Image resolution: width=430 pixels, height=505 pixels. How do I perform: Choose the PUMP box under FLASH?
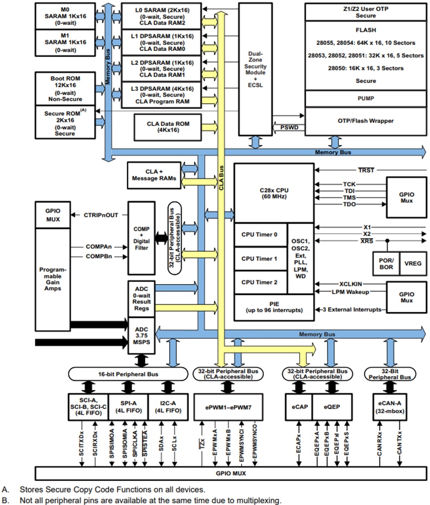[x=365, y=98]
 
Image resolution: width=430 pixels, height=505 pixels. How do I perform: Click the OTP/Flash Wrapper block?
[x=365, y=121]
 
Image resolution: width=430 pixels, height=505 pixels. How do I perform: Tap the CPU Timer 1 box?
[x=260, y=258]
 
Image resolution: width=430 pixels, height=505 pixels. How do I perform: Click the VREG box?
[x=412, y=263]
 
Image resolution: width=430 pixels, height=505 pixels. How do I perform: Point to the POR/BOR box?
[x=386, y=263]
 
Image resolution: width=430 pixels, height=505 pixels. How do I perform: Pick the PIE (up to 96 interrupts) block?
[x=274, y=307]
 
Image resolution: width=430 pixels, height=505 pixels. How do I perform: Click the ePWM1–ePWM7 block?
[x=228, y=406]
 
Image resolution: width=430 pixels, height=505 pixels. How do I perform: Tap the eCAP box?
[x=298, y=406]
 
